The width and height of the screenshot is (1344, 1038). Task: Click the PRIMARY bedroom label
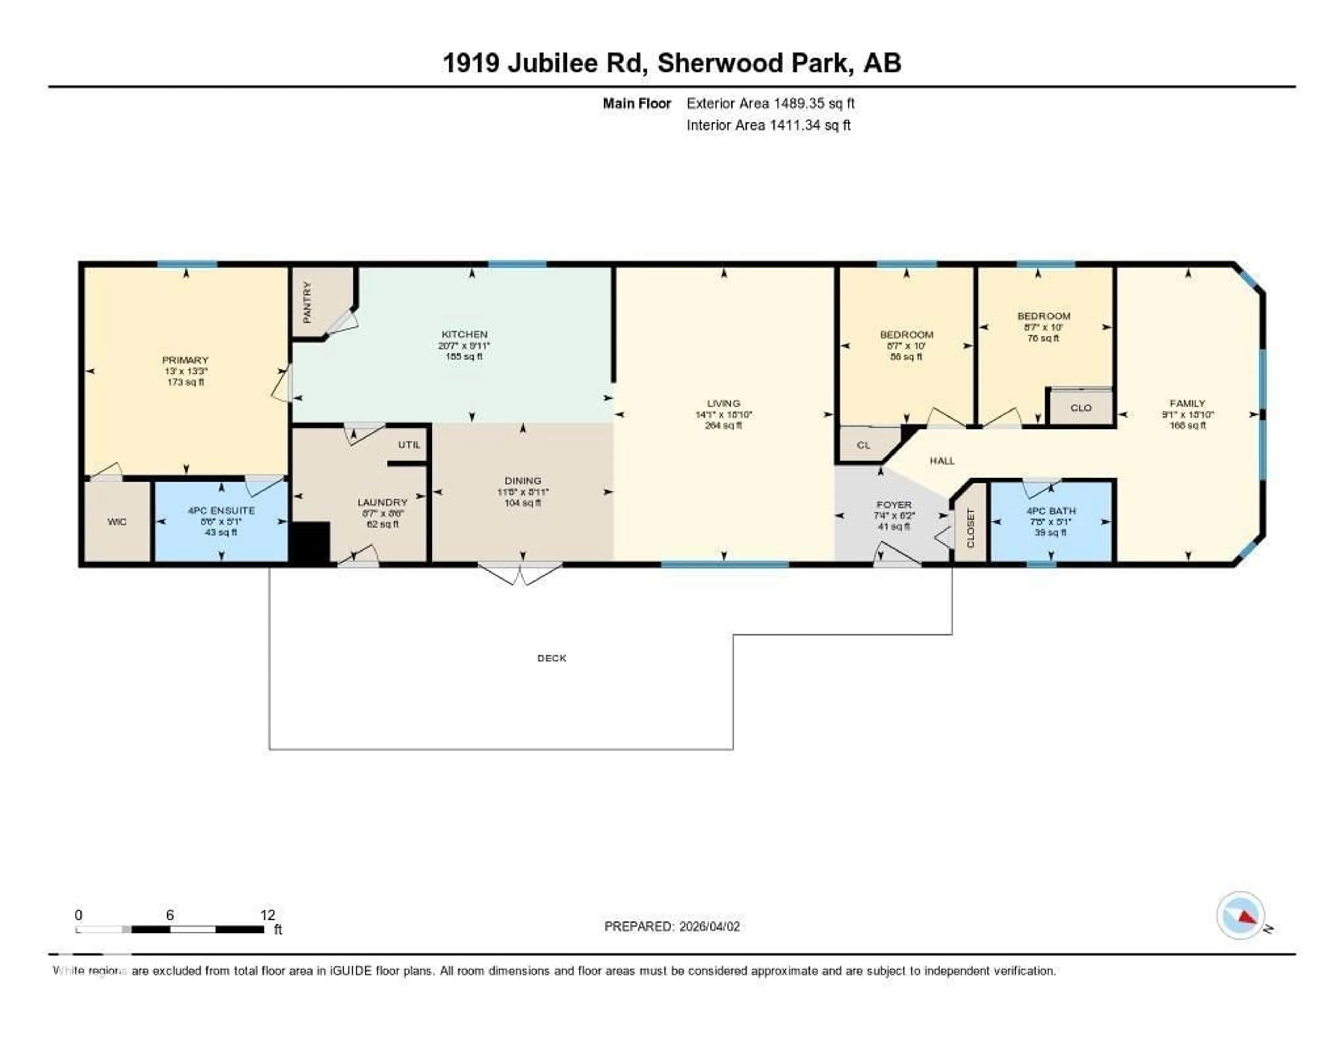click(x=185, y=360)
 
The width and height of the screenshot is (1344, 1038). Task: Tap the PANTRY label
click(x=307, y=302)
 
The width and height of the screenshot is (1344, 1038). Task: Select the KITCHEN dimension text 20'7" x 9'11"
click(x=464, y=346)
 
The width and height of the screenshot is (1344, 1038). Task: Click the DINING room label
click(x=523, y=481)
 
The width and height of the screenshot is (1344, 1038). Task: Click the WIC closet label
click(x=117, y=522)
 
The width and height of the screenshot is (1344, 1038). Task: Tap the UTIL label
click(x=408, y=444)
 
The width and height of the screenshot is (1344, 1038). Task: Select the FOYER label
click(x=894, y=505)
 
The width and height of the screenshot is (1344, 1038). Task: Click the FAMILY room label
click(x=1187, y=404)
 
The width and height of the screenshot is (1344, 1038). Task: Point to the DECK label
click(x=551, y=658)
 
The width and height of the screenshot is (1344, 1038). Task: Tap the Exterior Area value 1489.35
click(x=798, y=103)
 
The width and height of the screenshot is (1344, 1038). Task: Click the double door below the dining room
click(x=520, y=574)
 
